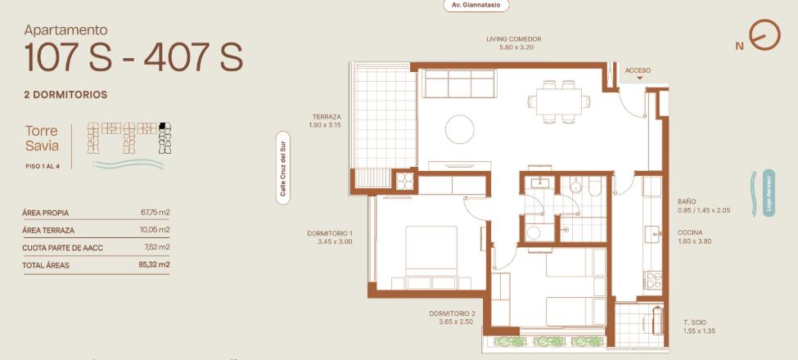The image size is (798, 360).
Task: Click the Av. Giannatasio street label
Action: [x=476, y=6]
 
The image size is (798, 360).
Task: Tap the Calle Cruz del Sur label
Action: [x=283, y=168]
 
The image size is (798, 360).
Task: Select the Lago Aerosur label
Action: [x=769, y=193]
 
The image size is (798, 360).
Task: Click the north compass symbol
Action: [x=764, y=35]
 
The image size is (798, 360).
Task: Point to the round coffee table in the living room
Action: [x=459, y=129]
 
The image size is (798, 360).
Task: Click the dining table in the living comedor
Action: [x=558, y=101]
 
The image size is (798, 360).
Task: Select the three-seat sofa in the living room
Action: [x=458, y=83]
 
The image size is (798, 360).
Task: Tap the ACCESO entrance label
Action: [x=638, y=70]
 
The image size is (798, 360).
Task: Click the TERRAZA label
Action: [x=326, y=116]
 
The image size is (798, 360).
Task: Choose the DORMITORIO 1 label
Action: [x=329, y=233]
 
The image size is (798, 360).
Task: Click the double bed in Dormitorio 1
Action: [x=431, y=251]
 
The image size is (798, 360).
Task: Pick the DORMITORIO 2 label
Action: [x=452, y=313]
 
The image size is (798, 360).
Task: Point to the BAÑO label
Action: [x=687, y=201]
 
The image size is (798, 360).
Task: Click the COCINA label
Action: [x=690, y=233]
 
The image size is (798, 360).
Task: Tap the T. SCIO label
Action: [x=693, y=322]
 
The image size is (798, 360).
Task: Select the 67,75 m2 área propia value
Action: [x=156, y=213]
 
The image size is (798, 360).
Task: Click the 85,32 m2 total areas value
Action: [x=155, y=265]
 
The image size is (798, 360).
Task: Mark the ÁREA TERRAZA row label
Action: [x=48, y=231]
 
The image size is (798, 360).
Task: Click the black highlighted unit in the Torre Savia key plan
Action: [x=162, y=126]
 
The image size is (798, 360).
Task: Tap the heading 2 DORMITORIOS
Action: [x=65, y=95]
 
